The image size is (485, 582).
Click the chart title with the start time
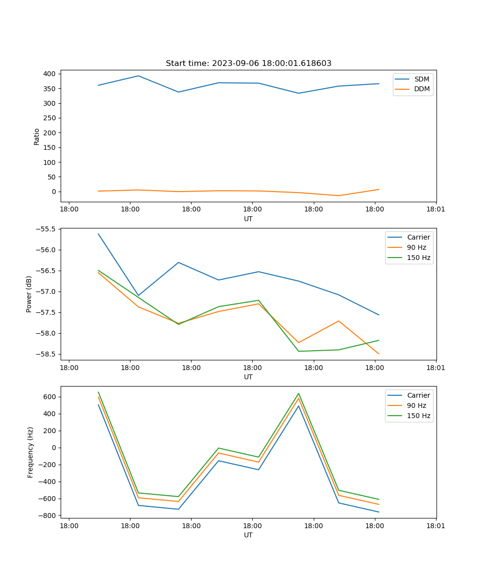click(x=248, y=64)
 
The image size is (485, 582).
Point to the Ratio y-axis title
click(x=36, y=136)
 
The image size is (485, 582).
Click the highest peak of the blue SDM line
click(x=138, y=76)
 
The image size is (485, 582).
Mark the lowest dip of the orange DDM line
click(x=339, y=195)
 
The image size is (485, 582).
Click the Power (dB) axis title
click(x=29, y=294)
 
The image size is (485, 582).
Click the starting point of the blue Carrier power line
click(x=98, y=234)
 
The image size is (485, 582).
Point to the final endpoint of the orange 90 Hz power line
click(x=379, y=354)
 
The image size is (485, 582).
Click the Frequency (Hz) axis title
click(x=30, y=452)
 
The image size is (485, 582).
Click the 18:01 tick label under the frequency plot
click(x=436, y=526)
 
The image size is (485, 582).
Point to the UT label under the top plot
click(x=248, y=219)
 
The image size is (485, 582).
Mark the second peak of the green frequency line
click(x=298, y=393)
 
